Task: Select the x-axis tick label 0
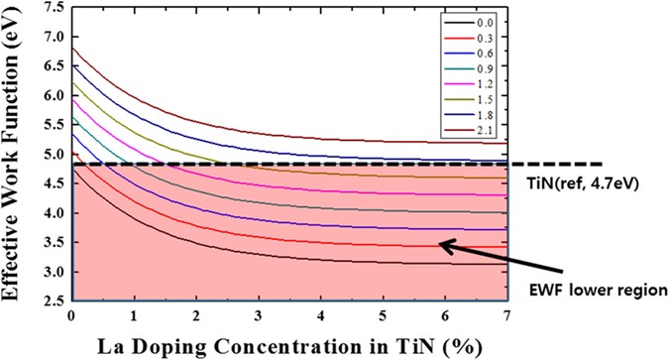point(70,315)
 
